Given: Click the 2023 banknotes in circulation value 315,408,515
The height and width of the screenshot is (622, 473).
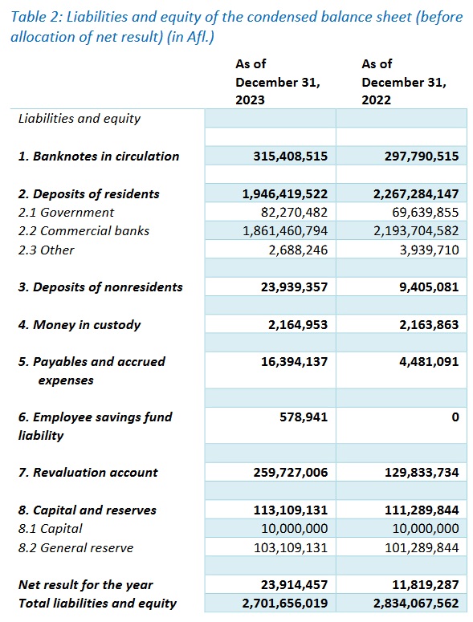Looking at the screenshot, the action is point(291,157).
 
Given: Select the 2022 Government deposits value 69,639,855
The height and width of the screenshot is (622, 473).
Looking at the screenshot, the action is point(426,213).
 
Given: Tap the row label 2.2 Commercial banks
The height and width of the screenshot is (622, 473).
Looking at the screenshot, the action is point(84,231).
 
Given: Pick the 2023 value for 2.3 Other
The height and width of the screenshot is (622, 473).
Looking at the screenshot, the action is point(298,250).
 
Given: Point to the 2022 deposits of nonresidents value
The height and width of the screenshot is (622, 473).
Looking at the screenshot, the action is point(429,287).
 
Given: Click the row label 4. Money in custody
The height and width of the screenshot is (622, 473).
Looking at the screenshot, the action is point(80,325).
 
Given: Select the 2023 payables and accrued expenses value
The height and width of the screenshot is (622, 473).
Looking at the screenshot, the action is point(294,362).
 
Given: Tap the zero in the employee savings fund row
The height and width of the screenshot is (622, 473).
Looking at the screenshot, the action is point(455,417).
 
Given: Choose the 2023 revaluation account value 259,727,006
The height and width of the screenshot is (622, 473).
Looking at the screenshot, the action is point(291,473).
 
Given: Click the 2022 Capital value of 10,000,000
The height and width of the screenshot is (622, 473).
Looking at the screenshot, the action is point(426,529).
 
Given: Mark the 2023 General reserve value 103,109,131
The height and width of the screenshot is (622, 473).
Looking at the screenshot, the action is point(291,548).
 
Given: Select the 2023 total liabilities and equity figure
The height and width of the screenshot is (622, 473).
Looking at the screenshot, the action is point(285,604).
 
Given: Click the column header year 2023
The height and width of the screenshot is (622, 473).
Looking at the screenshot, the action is point(250,100).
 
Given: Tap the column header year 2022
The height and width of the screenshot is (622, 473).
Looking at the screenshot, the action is point(376,100).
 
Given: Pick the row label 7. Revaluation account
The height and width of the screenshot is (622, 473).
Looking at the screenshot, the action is point(88,473).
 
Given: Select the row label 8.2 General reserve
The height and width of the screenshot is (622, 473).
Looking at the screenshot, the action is point(75,548).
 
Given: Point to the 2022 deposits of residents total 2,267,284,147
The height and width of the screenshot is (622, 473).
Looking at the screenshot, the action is point(416,194).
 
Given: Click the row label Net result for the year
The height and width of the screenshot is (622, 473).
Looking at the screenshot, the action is point(85,585).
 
